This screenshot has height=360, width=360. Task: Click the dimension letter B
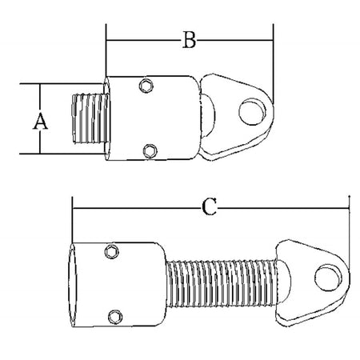pos(189,41)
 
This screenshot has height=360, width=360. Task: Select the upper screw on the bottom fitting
pos(112,254)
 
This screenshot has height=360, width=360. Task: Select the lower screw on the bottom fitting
pos(114,315)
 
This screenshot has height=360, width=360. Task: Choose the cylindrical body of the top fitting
pos(152,118)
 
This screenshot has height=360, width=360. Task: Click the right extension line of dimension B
pos(273,56)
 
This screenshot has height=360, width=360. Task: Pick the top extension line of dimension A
pos(60,83)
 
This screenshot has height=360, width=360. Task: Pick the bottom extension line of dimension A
pos(60,154)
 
